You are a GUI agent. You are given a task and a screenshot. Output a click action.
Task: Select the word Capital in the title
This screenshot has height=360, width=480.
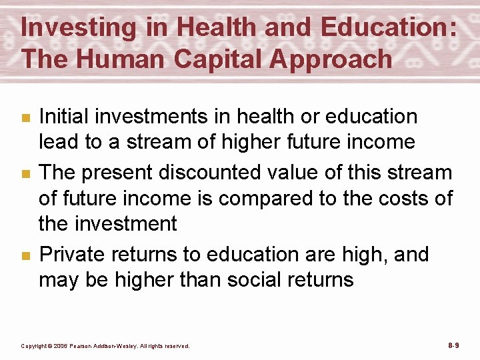click(x=221, y=59)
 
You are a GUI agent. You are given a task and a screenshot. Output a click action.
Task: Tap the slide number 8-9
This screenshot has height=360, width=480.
click(x=453, y=345)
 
